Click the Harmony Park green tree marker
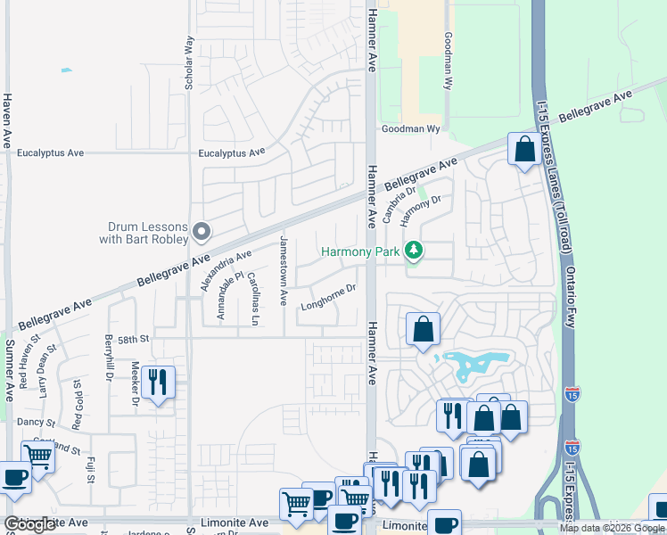pos(413,251)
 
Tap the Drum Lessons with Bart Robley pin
pos(202,232)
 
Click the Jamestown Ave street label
pos(284,269)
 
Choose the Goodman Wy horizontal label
pos(412,129)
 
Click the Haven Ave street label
pos(7,120)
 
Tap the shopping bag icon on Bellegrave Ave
pos(523,149)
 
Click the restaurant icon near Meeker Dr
pos(158,383)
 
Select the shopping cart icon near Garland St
pos(37,457)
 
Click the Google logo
pos(30,525)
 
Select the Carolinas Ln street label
pos(254,298)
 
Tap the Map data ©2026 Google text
pos(612,528)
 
